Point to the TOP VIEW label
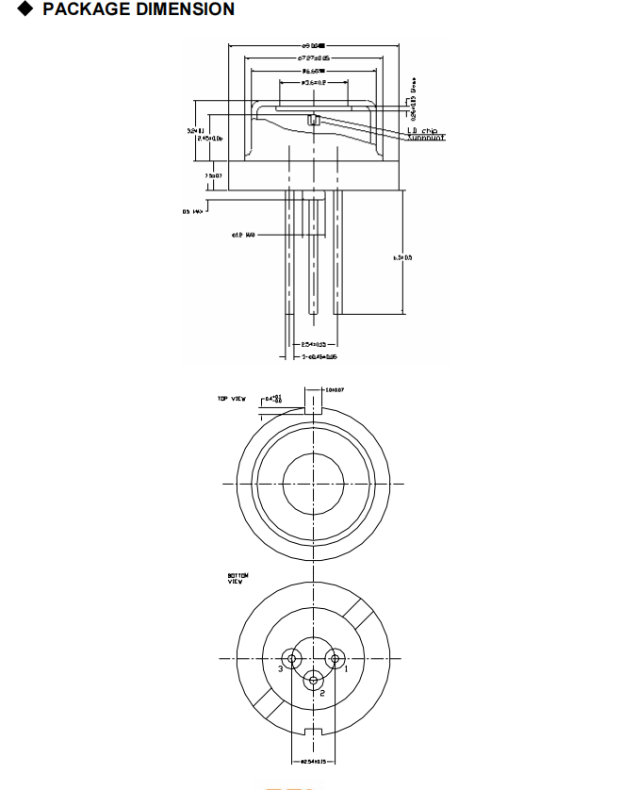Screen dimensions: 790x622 click(x=231, y=400)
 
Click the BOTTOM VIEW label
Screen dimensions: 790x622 click(x=235, y=579)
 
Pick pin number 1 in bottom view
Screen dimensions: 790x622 click(x=346, y=668)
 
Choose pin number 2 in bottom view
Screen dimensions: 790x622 click(x=321, y=693)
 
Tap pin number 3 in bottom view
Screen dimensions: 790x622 click(x=280, y=668)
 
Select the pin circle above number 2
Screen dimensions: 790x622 click(x=312, y=676)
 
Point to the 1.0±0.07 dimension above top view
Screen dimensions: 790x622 click(x=335, y=388)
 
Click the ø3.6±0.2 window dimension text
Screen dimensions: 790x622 click(x=313, y=83)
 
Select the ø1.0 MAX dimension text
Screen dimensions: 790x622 click(x=243, y=235)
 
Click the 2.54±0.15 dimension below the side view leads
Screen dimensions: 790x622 click(x=312, y=345)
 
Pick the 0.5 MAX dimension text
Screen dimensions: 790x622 click(x=193, y=212)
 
